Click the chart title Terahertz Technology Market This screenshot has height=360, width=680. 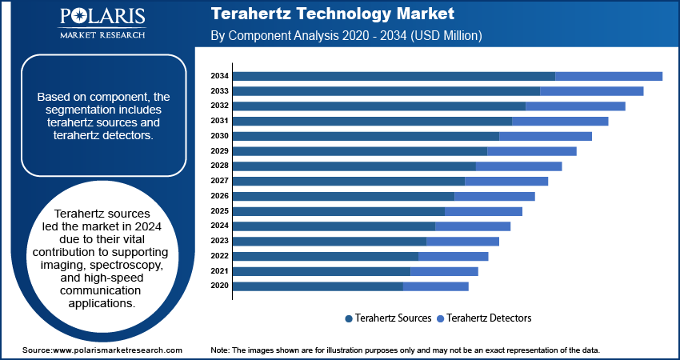click(332, 14)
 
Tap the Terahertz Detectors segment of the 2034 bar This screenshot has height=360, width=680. click(608, 76)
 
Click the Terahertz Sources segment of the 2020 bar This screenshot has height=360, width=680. click(318, 286)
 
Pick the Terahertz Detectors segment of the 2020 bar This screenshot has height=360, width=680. click(436, 286)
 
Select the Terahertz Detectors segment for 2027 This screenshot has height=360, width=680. click(506, 181)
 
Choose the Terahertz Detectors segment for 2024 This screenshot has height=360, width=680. click(472, 226)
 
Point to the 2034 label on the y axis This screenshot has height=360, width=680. click(219, 76)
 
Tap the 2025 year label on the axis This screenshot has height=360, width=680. click(219, 210)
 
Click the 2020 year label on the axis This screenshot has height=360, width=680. click(219, 286)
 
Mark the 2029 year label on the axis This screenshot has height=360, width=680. click(219, 150)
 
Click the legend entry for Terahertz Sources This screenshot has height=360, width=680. click(388, 318)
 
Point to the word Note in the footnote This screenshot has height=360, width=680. click(219, 350)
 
